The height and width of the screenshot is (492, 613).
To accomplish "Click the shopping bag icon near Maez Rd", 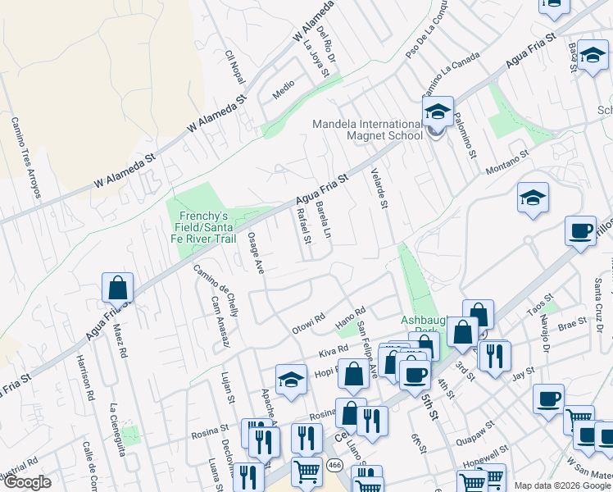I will click(117, 288).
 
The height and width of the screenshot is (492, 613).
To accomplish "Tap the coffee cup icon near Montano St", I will click(580, 230).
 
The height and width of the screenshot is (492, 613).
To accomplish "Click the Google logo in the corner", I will click(28, 482).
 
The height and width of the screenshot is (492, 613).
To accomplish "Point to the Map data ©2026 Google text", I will click(562, 485).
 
